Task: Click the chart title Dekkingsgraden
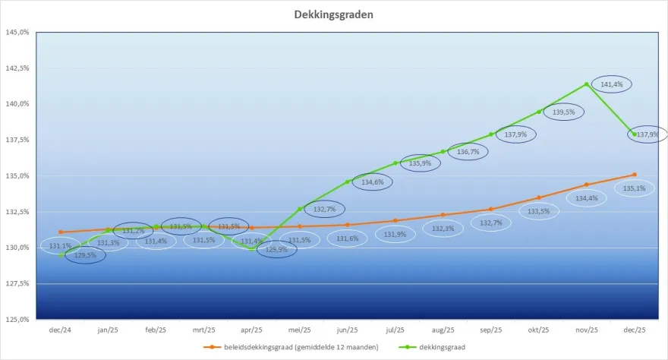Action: click(x=334, y=14)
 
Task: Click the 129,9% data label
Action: click(x=276, y=249)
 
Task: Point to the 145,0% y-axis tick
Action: click(x=17, y=33)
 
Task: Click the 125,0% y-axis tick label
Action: click(x=17, y=319)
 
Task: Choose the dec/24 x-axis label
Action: click(x=60, y=330)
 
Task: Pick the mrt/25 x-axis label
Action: click(x=203, y=330)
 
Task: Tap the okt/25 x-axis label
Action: click(x=538, y=330)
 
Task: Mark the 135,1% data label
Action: click(x=634, y=188)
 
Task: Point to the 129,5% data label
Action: click(x=84, y=255)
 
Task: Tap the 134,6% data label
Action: click(x=372, y=182)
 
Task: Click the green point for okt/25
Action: click(x=539, y=112)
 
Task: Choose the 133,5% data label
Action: click(x=538, y=211)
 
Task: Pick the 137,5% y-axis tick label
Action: click(x=17, y=140)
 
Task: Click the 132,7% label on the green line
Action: click(x=324, y=209)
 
